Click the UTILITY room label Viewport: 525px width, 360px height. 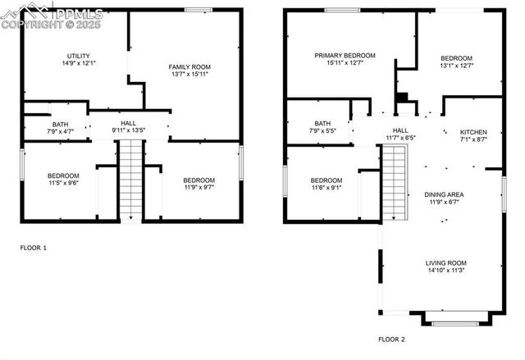79,56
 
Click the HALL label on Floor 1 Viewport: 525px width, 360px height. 128,122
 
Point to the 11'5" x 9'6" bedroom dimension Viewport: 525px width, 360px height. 62,184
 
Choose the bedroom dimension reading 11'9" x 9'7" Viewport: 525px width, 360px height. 199,188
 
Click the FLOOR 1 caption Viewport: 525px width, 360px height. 34,248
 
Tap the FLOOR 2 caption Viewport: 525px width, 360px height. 391,339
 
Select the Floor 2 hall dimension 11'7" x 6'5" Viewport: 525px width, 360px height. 399,138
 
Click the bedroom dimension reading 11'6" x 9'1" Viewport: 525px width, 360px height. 326,188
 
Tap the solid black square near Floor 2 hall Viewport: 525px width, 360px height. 401,97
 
